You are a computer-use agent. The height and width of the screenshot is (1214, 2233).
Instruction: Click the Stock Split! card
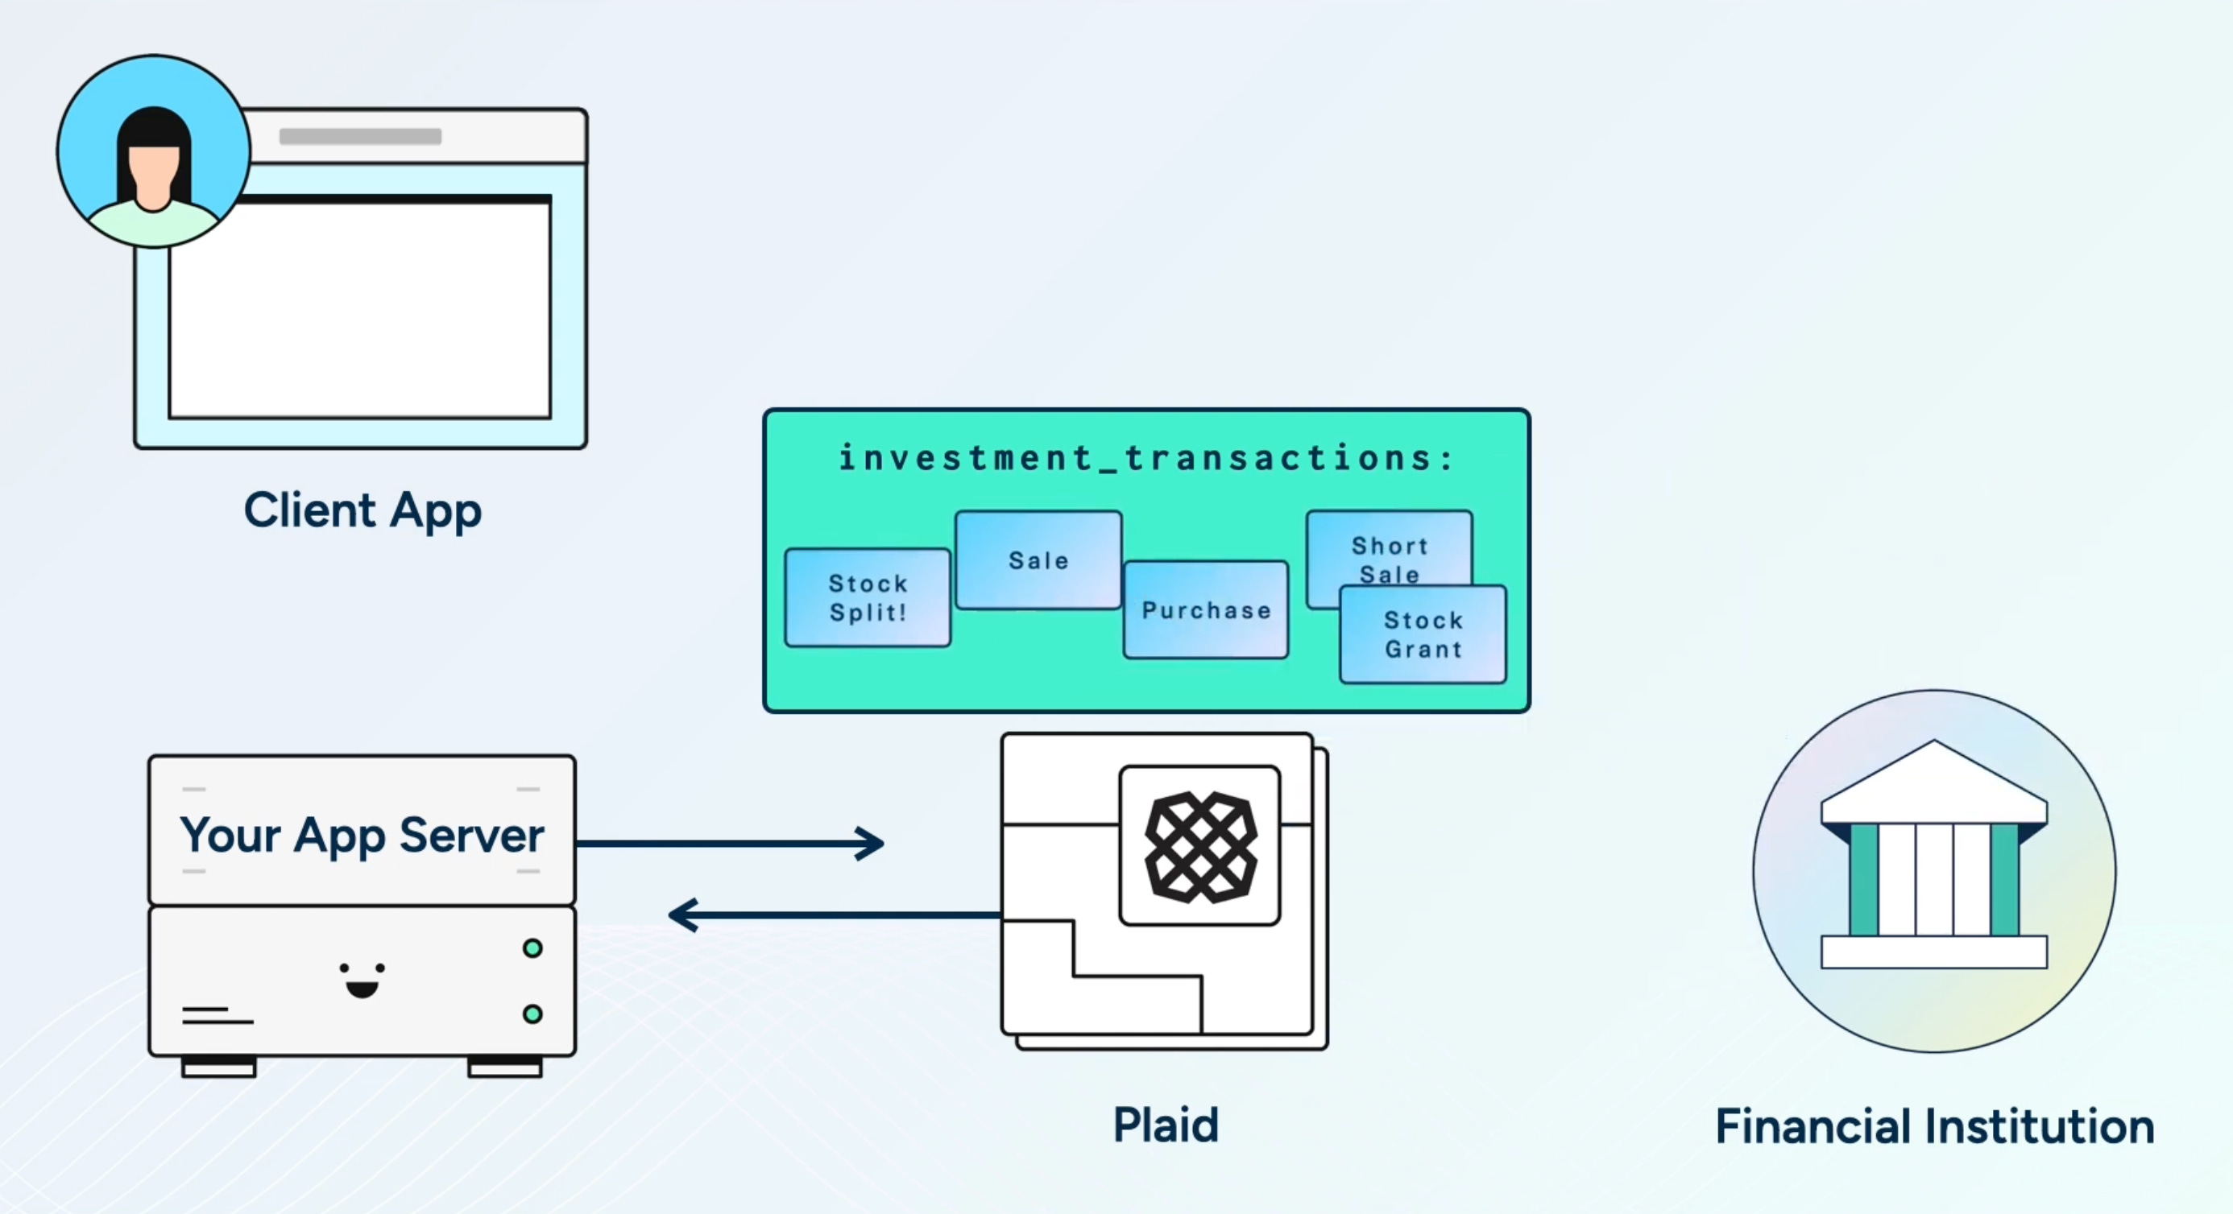click(867, 597)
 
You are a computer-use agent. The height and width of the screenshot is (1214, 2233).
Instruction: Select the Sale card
click(1038, 560)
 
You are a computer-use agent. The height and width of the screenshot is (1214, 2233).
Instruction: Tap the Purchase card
click(1205, 609)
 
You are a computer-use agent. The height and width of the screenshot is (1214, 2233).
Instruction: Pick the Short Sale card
click(1389, 546)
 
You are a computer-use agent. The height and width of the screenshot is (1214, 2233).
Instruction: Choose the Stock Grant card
click(1423, 634)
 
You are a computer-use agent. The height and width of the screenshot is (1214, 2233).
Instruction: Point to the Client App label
click(362, 510)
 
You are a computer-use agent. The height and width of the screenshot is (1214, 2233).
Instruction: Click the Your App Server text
click(362, 835)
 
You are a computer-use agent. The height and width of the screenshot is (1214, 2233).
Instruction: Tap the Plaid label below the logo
click(1165, 1125)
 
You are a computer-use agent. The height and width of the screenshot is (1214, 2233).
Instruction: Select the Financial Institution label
click(1934, 1125)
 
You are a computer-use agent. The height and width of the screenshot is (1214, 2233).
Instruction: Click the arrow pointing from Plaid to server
click(832, 915)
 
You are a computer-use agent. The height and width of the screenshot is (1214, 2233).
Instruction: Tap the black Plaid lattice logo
click(1200, 846)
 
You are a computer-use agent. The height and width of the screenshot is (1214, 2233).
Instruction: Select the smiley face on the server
click(362, 979)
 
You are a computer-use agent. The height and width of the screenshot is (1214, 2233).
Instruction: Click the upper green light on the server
click(532, 948)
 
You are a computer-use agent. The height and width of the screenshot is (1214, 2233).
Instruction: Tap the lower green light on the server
click(532, 1014)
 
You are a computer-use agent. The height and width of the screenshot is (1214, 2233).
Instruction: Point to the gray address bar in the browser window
click(360, 136)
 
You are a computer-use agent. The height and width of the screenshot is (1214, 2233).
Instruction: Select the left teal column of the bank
click(1863, 880)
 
